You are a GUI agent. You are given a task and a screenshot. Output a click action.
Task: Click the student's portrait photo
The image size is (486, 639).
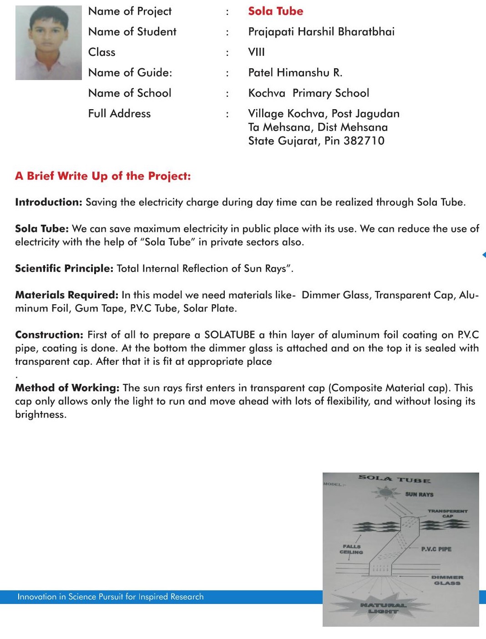pyautogui.click(x=49, y=43)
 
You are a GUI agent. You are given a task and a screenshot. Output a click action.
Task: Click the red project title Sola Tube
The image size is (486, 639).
pyautogui.click(x=275, y=11)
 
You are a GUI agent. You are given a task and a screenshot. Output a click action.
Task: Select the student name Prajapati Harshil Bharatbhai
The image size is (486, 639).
pyautogui.click(x=321, y=32)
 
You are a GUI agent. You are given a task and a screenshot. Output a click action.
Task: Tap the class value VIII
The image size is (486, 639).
pyautogui.click(x=256, y=52)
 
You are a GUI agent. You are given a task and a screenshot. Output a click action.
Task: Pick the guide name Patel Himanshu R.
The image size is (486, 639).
pyautogui.click(x=295, y=73)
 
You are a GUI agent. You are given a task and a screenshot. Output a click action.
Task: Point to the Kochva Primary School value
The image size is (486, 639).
pyautogui.click(x=309, y=93)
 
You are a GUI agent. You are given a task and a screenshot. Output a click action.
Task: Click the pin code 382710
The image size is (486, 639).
pyautogui.click(x=364, y=141)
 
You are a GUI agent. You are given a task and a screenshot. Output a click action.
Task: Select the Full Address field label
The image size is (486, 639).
pyautogui.click(x=119, y=114)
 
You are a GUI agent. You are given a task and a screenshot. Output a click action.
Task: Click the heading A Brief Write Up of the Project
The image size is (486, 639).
pyautogui.click(x=103, y=176)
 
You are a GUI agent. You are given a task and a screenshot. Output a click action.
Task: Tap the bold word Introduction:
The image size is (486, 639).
pyautogui.click(x=49, y=202)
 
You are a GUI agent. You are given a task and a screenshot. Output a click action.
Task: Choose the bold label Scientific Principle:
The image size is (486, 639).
pyautogui.click(x=64, y=269)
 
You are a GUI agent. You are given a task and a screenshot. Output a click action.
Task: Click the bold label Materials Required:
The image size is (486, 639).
pyautogui.click(x=67, y=295)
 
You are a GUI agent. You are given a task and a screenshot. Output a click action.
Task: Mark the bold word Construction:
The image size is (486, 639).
pyautogui.click(x=49, y=335)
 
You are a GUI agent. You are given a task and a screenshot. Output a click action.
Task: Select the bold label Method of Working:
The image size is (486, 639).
pyautogui.click(x=67, y=388)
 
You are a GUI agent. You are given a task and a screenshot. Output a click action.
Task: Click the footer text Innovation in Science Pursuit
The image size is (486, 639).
pyautogui.click(x=111, y=597)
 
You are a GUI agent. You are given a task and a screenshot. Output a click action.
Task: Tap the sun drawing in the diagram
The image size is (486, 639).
pyautogui.click(x=385, y=493)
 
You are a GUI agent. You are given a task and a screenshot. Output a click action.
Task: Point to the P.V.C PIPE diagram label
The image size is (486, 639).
pyautogui.click(x=436, y=549)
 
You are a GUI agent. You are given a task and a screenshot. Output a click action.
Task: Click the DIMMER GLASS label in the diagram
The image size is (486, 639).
pyautogui.click(x=447, y=580)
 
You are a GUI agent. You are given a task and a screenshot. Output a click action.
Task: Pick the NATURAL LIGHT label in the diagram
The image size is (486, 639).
pyautogui.click(x=383, y=608)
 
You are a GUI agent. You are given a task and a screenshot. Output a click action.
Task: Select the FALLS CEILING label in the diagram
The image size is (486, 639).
pyautogui.click(x=351, y=549)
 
